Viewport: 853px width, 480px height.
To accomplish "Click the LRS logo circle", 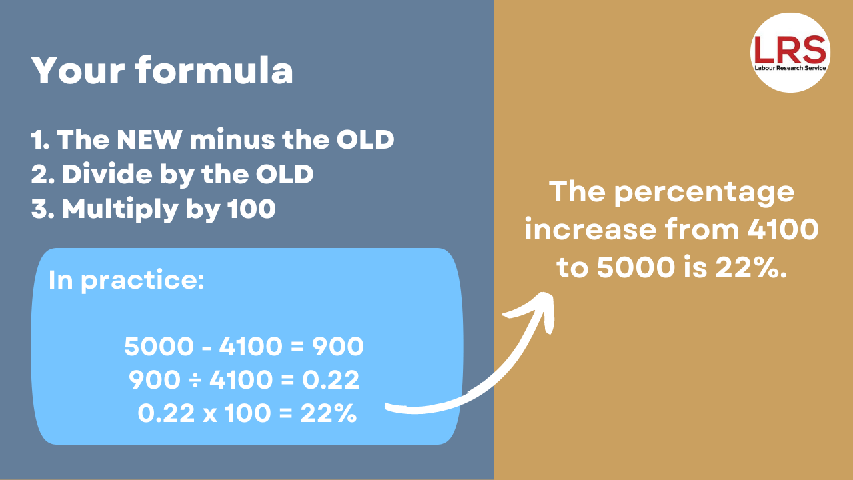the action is tap(790, 52).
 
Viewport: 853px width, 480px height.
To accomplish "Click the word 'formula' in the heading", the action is tap(214, 70).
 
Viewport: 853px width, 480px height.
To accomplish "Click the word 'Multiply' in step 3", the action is tap(120, 210).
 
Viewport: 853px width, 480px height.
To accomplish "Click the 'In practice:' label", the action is tap(127, 281).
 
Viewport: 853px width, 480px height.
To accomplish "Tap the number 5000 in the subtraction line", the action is tap(159, 347).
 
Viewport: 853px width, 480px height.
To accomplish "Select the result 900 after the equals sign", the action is tap(338, 347).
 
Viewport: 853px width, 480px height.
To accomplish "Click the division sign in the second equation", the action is tap(195, 380).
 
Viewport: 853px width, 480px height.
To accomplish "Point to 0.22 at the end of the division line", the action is tap(331, 380).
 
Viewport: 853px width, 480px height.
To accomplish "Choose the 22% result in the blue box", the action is tap(329, 413).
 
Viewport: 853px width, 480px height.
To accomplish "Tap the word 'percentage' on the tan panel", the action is tap(704, 193).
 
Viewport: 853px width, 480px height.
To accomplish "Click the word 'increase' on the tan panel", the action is tap(590, 230).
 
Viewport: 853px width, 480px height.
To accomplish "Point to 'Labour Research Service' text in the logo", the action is tap(790, 68).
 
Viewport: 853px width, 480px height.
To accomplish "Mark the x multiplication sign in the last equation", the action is tap(210, 415).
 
